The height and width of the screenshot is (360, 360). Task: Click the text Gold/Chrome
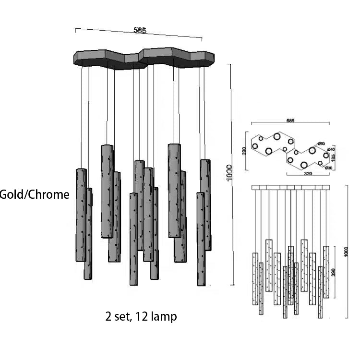click(35, 194)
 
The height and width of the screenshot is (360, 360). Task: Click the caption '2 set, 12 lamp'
click(141, 316)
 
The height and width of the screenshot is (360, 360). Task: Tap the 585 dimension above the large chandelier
click(140, 31)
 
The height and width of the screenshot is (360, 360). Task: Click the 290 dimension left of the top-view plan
click(244, 150)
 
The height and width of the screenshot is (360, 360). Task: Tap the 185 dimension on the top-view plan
click(334, 157)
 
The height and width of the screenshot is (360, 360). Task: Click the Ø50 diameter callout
click(322, 144)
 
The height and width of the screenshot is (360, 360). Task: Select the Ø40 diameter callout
click(331, 150)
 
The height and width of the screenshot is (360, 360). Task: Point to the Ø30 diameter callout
click(329, 168)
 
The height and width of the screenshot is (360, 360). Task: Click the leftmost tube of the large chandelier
click(81, 215)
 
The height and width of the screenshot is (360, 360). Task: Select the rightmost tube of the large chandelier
click(205, 205)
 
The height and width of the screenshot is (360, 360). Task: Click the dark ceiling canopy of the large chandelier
click(144, 57)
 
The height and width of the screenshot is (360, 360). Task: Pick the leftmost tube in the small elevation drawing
click(255, 278)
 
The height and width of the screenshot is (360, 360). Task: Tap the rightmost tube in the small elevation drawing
click(326, 272)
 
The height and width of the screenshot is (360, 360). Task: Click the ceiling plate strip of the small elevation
click(291, 187)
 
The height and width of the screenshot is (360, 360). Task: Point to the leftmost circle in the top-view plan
click(255, 146)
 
